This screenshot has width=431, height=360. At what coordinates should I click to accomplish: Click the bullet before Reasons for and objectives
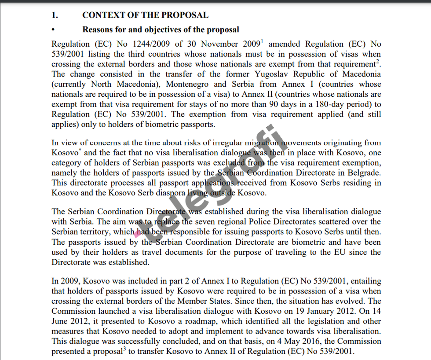point(53,30)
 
